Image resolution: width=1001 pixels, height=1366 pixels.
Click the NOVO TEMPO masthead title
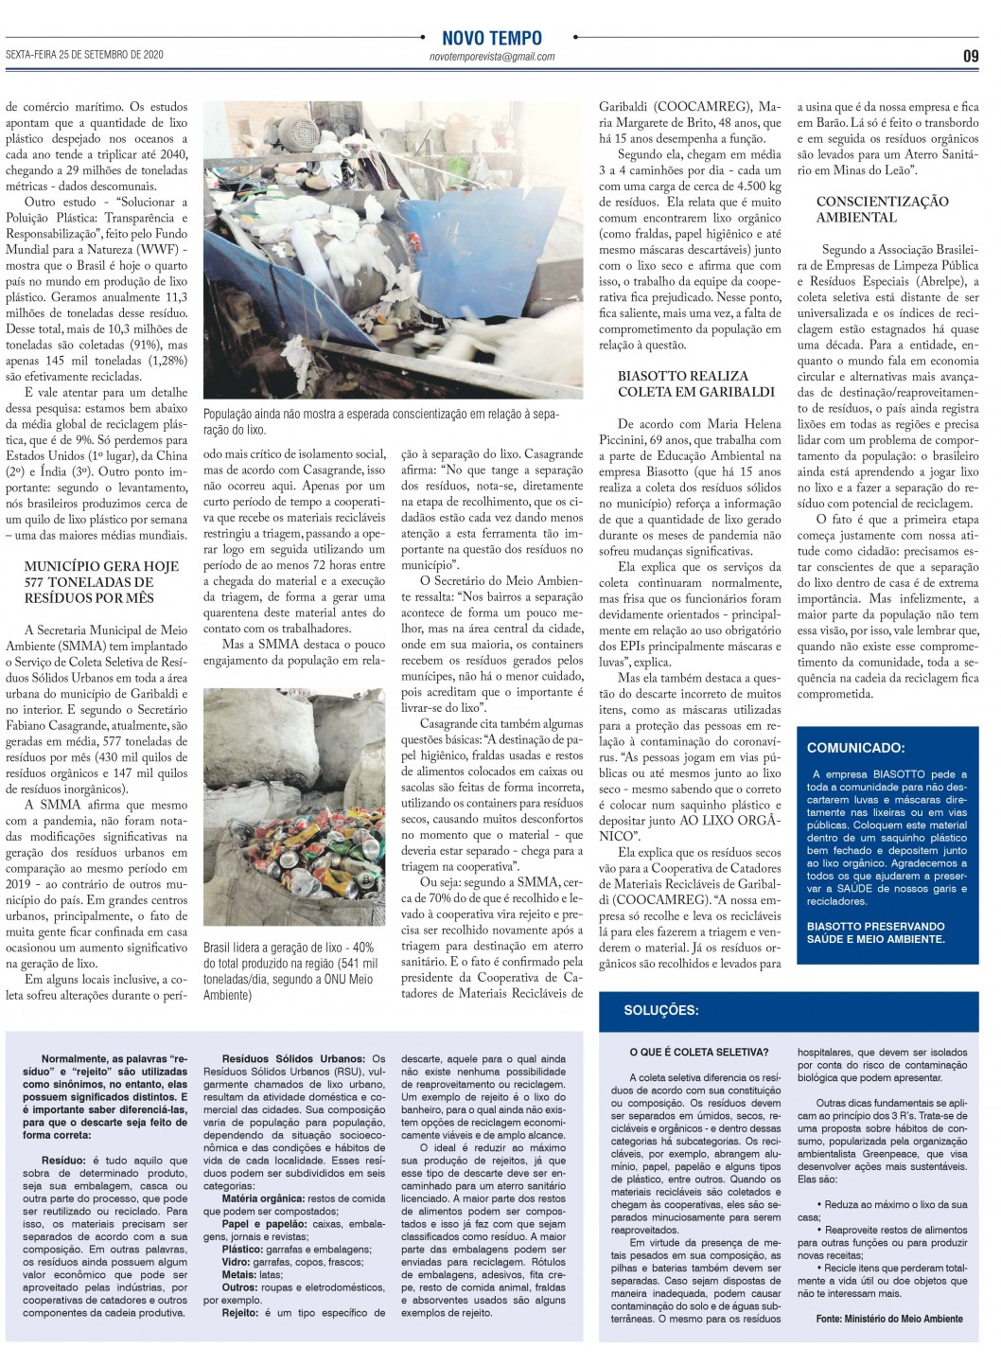pos(492,38)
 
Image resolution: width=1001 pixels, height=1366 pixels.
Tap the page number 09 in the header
pos(971,56)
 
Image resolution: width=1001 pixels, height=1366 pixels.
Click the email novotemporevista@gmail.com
pos(492,57)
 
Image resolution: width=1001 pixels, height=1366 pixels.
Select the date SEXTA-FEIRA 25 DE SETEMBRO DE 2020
pos(84,55)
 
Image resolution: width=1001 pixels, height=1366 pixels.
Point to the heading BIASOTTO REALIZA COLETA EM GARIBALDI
pos(683,383)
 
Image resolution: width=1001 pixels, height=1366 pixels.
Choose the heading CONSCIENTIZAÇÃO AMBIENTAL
pos(882,209)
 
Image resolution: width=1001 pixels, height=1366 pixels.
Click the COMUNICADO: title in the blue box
pos(855,748)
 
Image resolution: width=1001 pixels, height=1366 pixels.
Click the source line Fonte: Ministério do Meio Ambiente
pos(889,1319)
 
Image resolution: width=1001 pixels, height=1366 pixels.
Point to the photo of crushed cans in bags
pos(294,807)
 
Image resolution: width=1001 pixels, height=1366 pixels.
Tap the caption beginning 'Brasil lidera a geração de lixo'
pos(290,971)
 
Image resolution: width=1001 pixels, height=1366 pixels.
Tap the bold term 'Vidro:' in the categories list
pos(236,1262)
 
